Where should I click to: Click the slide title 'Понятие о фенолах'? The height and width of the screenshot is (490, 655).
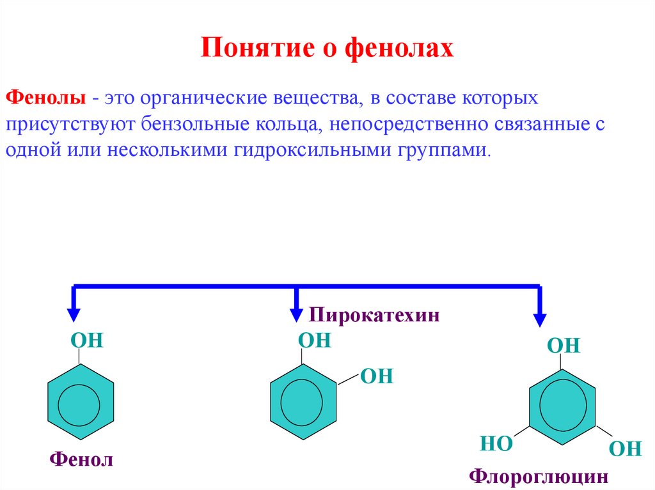[x=327, y=49]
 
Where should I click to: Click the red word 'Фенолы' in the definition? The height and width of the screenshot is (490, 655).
[x=47, y=99]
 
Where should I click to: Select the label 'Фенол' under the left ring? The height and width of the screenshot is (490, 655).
[x=81, y=459]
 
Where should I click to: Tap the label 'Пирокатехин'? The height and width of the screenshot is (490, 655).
[x=375, y=315]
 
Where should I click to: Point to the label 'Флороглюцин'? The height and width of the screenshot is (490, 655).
[x=538, y=476]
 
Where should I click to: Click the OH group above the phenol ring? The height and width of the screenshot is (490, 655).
[x=87, y=340]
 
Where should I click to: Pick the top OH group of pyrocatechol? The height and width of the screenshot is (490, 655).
[x=315, y=340]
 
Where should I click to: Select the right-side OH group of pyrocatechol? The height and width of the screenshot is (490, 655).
[x=377, y=376]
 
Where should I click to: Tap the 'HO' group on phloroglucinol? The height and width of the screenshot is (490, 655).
[x=496, y=444]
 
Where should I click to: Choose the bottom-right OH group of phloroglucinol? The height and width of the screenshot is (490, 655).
[x=625, y=448]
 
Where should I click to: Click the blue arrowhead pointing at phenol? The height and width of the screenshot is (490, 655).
[x=74, y=314]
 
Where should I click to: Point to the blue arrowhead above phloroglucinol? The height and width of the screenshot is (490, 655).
[x=541, y=319]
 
